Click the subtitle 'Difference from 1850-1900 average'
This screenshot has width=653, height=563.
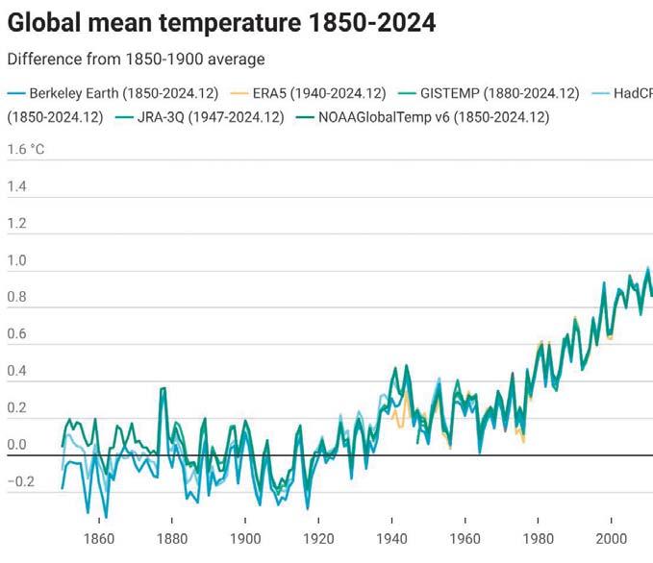(x=136, y=60)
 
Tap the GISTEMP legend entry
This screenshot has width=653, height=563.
(x=499, y=93)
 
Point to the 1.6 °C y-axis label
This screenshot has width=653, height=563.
(x=26, y=150)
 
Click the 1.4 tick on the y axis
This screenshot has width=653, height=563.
(x=17, y=186)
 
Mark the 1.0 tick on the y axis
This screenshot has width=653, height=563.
(x=17, y=260)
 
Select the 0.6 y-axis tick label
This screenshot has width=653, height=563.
(x=17, y=334)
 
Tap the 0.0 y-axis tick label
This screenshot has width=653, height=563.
(x=17, y=446)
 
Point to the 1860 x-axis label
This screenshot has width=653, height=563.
(x=99, y=539)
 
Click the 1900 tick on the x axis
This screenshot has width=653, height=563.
(x=245, y=539)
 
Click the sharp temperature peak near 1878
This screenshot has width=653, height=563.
(x=163, y=389)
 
